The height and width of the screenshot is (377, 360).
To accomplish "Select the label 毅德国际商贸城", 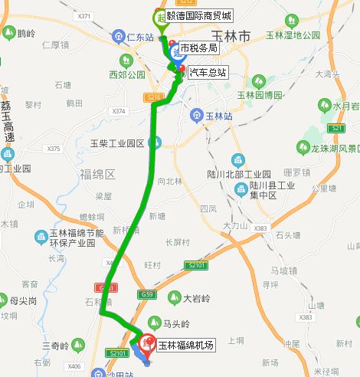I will point(202,16).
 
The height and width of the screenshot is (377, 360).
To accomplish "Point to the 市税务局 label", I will point(199,48).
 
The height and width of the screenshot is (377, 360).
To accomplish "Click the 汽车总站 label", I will point(207,73).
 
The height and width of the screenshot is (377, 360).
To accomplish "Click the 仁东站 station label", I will point(140,37).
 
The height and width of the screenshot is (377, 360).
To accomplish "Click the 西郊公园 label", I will point(126,75).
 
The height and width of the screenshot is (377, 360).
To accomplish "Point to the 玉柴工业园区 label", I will point(117,143).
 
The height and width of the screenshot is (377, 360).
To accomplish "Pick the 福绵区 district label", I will point(97,174).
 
